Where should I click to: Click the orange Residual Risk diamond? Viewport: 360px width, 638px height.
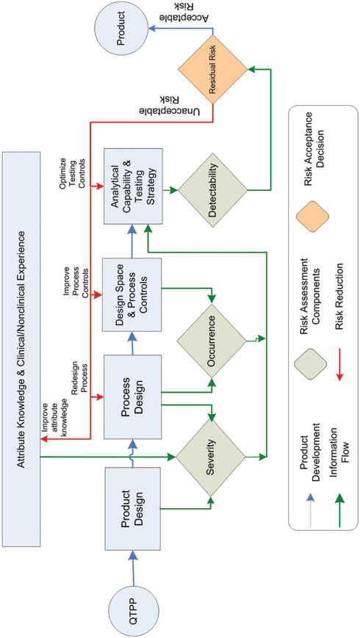pos(212,71)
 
